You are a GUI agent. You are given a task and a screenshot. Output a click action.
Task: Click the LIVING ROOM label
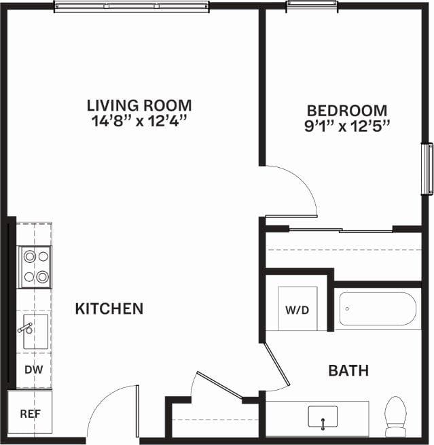coord(139,105)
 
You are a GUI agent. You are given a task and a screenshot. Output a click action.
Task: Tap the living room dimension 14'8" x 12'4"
coord(139,122)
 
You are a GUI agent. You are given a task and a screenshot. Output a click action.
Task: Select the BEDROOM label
coord(347,110)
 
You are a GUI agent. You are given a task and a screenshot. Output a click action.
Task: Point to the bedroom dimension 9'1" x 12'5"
coord(347,126)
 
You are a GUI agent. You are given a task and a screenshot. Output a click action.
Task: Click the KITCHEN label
coord(109,308)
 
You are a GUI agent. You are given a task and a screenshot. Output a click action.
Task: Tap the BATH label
coord(348,370)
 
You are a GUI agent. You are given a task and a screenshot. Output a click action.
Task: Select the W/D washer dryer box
coord(296,310)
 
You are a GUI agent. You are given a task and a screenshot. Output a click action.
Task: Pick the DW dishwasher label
coord(33,370)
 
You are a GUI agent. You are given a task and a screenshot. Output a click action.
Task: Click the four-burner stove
coord(35,266)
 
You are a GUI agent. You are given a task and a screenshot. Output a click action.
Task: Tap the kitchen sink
coord(35,332)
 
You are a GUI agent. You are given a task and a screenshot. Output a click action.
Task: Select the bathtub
coord(377,309)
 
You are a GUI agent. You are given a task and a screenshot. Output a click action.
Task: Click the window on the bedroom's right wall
coord(427,168)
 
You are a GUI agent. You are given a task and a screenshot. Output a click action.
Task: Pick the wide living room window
coord(131,7)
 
